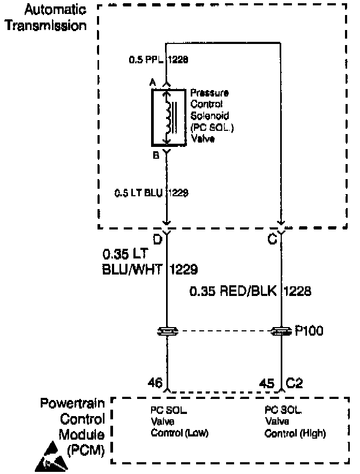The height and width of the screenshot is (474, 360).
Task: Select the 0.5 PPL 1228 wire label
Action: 158,60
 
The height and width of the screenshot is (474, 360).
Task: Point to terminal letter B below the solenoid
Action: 155,155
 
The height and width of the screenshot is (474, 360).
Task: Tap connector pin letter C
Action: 273,239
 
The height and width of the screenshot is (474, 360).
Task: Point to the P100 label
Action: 309,330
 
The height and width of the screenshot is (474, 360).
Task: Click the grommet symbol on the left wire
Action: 167,331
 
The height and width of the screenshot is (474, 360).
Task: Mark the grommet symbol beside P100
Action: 281,331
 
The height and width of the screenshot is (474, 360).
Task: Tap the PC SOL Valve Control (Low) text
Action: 179,421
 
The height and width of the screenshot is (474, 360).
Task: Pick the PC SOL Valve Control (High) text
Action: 295,421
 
